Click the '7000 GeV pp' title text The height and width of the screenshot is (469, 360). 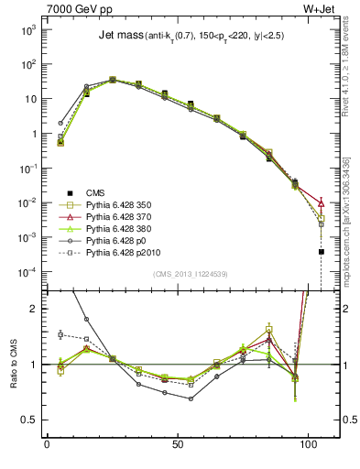(78, 9)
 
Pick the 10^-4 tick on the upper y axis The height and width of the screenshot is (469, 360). (25, 271)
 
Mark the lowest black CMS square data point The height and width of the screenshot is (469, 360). (322, 251)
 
